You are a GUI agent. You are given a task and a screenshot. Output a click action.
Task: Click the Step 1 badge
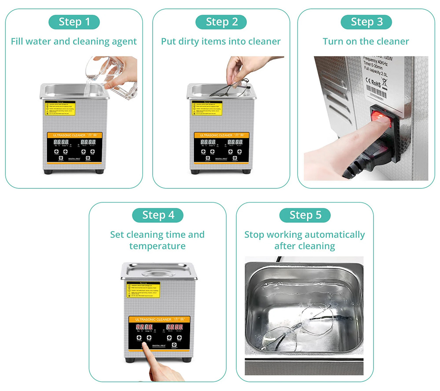tap(74, 22)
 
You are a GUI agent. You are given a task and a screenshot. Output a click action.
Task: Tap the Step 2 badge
tap(221, 22)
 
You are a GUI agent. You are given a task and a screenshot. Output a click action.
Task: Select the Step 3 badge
tap(366, 22)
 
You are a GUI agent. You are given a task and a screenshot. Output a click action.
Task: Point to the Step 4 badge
tap(158, 215)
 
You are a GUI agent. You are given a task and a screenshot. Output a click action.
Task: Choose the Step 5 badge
tap(305, 215)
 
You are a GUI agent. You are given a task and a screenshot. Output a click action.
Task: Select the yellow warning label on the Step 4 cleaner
tap(145, 291)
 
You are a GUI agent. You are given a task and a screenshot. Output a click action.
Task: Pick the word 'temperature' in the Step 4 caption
tap(158, 246)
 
